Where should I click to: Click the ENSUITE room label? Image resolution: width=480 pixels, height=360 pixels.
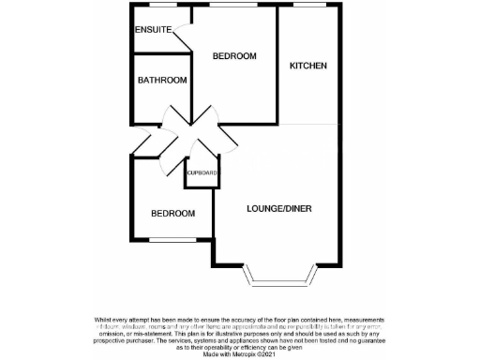(153, 30)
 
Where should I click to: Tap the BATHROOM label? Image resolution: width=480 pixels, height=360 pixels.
(162, 81)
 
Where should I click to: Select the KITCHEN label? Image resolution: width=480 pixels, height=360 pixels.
(307, 66)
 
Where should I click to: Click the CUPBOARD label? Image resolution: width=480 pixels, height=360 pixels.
(202, 173)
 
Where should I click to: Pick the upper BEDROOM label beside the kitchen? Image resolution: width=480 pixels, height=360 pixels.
(234, 56)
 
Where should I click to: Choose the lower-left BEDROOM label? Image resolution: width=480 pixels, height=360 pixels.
(173, 214)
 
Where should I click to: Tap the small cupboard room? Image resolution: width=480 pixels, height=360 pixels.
(202, 175)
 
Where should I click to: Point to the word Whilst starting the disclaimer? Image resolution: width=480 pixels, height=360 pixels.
(105, 319)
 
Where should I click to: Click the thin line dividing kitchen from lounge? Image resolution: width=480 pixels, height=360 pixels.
(308, 124)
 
